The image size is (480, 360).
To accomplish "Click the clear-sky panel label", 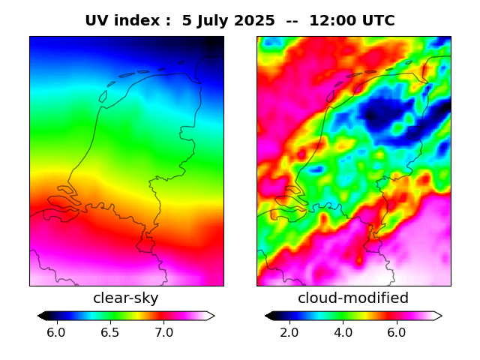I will pyautogui.click(x=126, y=298).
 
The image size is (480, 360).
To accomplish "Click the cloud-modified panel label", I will pyautogui.click(x=353, y=298).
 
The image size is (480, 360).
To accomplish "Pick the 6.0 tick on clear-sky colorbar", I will pyautogui.click(x=56, y=331).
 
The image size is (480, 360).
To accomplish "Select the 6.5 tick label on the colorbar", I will pyautogui.click(x=110, y=331).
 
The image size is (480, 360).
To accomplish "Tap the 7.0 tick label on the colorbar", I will pyautogui.click(x=164, y=331).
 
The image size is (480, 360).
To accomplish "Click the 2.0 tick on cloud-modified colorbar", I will pyautogui.click(x=289, y=331).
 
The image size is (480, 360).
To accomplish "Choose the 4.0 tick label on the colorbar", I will pyautogui.click(x=343, y=331).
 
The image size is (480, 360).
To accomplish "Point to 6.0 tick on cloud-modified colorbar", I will pyautogui.click(x=397, y=331).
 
